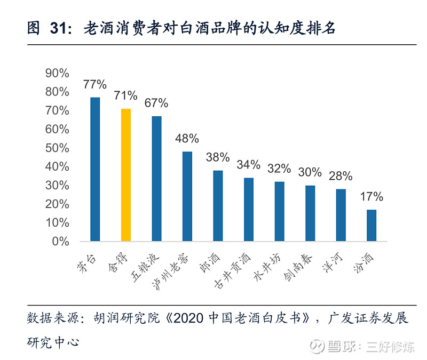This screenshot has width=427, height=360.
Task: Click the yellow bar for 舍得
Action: point(126,175)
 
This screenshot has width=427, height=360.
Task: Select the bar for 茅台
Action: point(95,169)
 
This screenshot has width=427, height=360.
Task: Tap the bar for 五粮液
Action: point(156,179)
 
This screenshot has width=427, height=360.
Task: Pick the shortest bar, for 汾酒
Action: point(371,225)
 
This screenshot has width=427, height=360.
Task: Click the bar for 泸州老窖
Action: point(187,196)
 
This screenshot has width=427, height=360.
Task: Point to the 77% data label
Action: point(95,84)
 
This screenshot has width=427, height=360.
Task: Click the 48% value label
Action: point(187,139)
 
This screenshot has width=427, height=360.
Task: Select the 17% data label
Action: point(371,197)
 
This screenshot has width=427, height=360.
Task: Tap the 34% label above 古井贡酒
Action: point(249,165)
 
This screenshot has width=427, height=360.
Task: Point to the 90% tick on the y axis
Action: point(57,73)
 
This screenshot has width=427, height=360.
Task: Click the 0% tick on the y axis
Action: point(60,242)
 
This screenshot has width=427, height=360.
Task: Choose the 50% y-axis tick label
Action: point(57,148)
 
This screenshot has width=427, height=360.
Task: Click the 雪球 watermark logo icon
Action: point(319,346)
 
